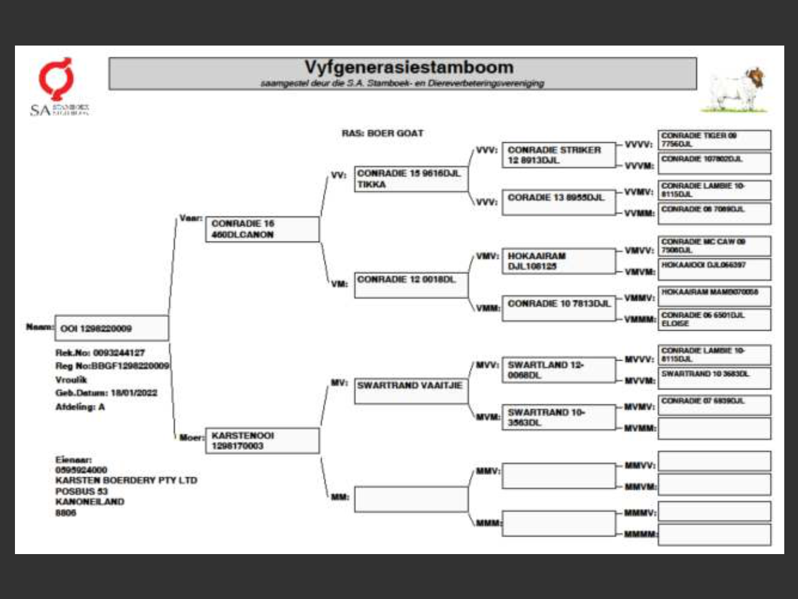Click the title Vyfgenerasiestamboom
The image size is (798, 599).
(x=408, y=67)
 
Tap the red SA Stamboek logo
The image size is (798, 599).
(x=57, y=80)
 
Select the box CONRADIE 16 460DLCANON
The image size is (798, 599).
(x=262, y=229)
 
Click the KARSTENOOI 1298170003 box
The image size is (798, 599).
(x=262, y=441)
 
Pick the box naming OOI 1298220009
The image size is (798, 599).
(x=112, y=328)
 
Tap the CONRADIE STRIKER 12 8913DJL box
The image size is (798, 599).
(x=559, y=155)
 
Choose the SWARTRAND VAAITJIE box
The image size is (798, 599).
(x=411, y=391)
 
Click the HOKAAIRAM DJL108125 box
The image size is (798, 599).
(x=559, y=261)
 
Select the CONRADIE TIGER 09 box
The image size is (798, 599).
(x=714, y=139)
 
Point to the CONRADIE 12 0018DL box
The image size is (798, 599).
(x=411, y=285)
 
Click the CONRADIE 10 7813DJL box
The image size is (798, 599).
(x=559, y=308)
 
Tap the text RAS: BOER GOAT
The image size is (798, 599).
(x=382, y=133)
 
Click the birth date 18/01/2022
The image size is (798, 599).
(x=134, y=393)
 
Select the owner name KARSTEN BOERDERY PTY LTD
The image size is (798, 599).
(x=126, y=480)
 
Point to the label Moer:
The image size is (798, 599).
(x=191, y=437)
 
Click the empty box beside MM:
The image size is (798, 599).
(x=411, y=499)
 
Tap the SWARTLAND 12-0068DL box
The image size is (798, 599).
(x=559, y=370)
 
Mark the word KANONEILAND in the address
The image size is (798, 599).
(x=90, y=502)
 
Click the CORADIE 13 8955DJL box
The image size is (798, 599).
(x=559, y=202)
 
